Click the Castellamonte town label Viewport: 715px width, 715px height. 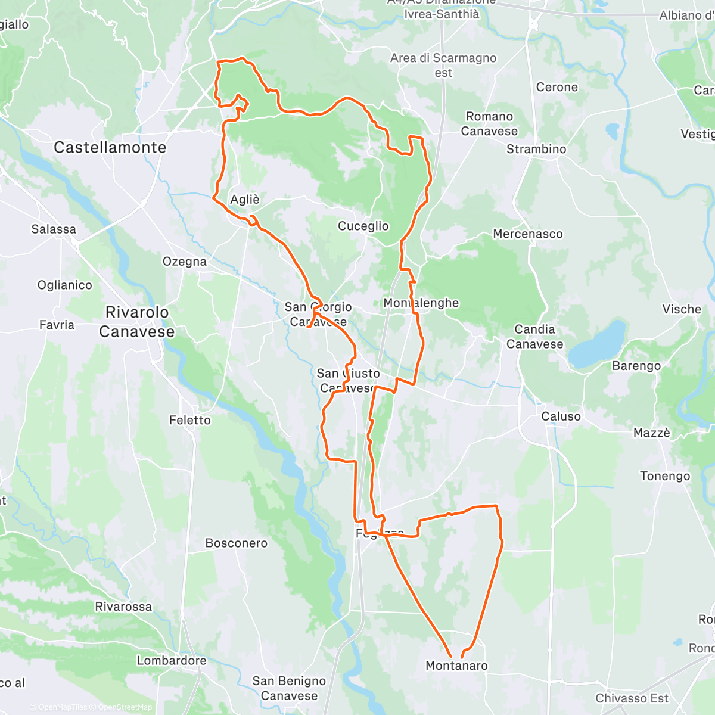coord(110,147)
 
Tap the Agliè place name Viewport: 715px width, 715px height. coord(245,200)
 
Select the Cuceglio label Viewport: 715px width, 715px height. coord(363,226)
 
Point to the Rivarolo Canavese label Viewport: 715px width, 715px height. coord(137,322)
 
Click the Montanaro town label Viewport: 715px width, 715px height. coord(456,666)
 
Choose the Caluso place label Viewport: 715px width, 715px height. coord(561,416)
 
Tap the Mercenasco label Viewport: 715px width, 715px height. coord(528,234)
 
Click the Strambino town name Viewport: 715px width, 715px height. coord(536,149)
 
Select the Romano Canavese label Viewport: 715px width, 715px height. coord(489,124)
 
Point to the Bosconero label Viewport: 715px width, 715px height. coord(237,543)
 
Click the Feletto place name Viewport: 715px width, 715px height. coord(190,420)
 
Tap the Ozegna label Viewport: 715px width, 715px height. coord(185,261)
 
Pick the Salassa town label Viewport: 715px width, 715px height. coord(54,229)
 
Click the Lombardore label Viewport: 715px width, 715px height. coord(172,660)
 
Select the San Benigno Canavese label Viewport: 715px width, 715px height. coord(289,688)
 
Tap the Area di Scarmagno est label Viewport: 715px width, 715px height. coord(443,66)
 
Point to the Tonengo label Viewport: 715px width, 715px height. coord(665,476)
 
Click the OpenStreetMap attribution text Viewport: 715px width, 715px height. coord(125,707)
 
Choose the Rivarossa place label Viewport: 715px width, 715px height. coord(123,607)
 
